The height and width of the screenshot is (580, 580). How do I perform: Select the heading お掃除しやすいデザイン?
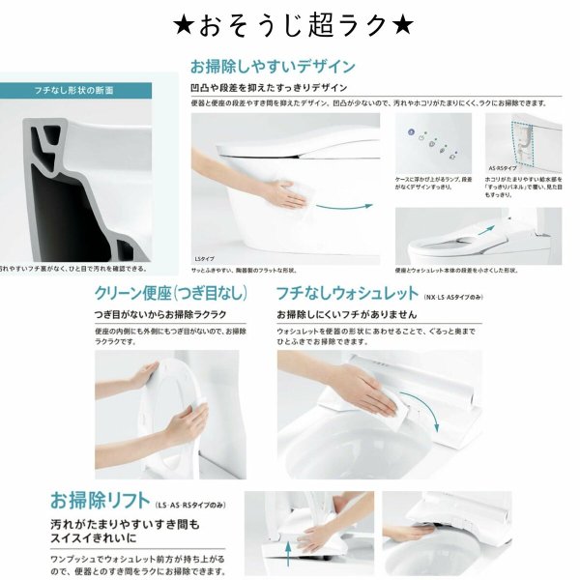pos(272,67)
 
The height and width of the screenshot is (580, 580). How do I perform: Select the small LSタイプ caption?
pos(206,258)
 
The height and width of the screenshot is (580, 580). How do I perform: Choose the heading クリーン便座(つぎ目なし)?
pos(171,293)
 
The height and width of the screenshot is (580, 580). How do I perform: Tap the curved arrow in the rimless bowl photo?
pos(432,421)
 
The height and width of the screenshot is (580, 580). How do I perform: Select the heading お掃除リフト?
pos(99,502)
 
